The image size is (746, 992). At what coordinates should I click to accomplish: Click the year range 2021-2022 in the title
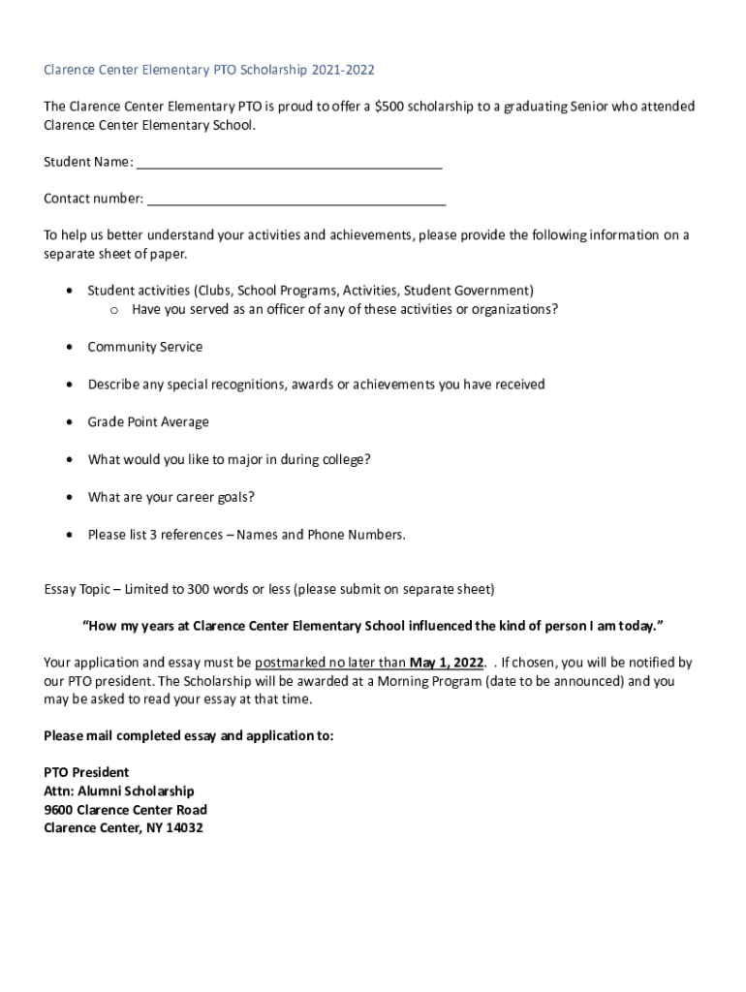tap(342, 70)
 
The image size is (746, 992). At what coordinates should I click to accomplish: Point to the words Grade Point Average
tap(148, 422)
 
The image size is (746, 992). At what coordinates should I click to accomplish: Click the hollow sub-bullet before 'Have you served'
tap(112, 310)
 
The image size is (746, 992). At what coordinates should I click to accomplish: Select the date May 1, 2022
tap(446, 663)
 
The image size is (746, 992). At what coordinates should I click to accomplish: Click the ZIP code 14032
tap(183, 828)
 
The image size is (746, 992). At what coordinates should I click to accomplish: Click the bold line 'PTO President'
tap(86, 772)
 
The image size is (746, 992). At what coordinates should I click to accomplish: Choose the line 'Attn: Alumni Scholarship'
tap(119, 791)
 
